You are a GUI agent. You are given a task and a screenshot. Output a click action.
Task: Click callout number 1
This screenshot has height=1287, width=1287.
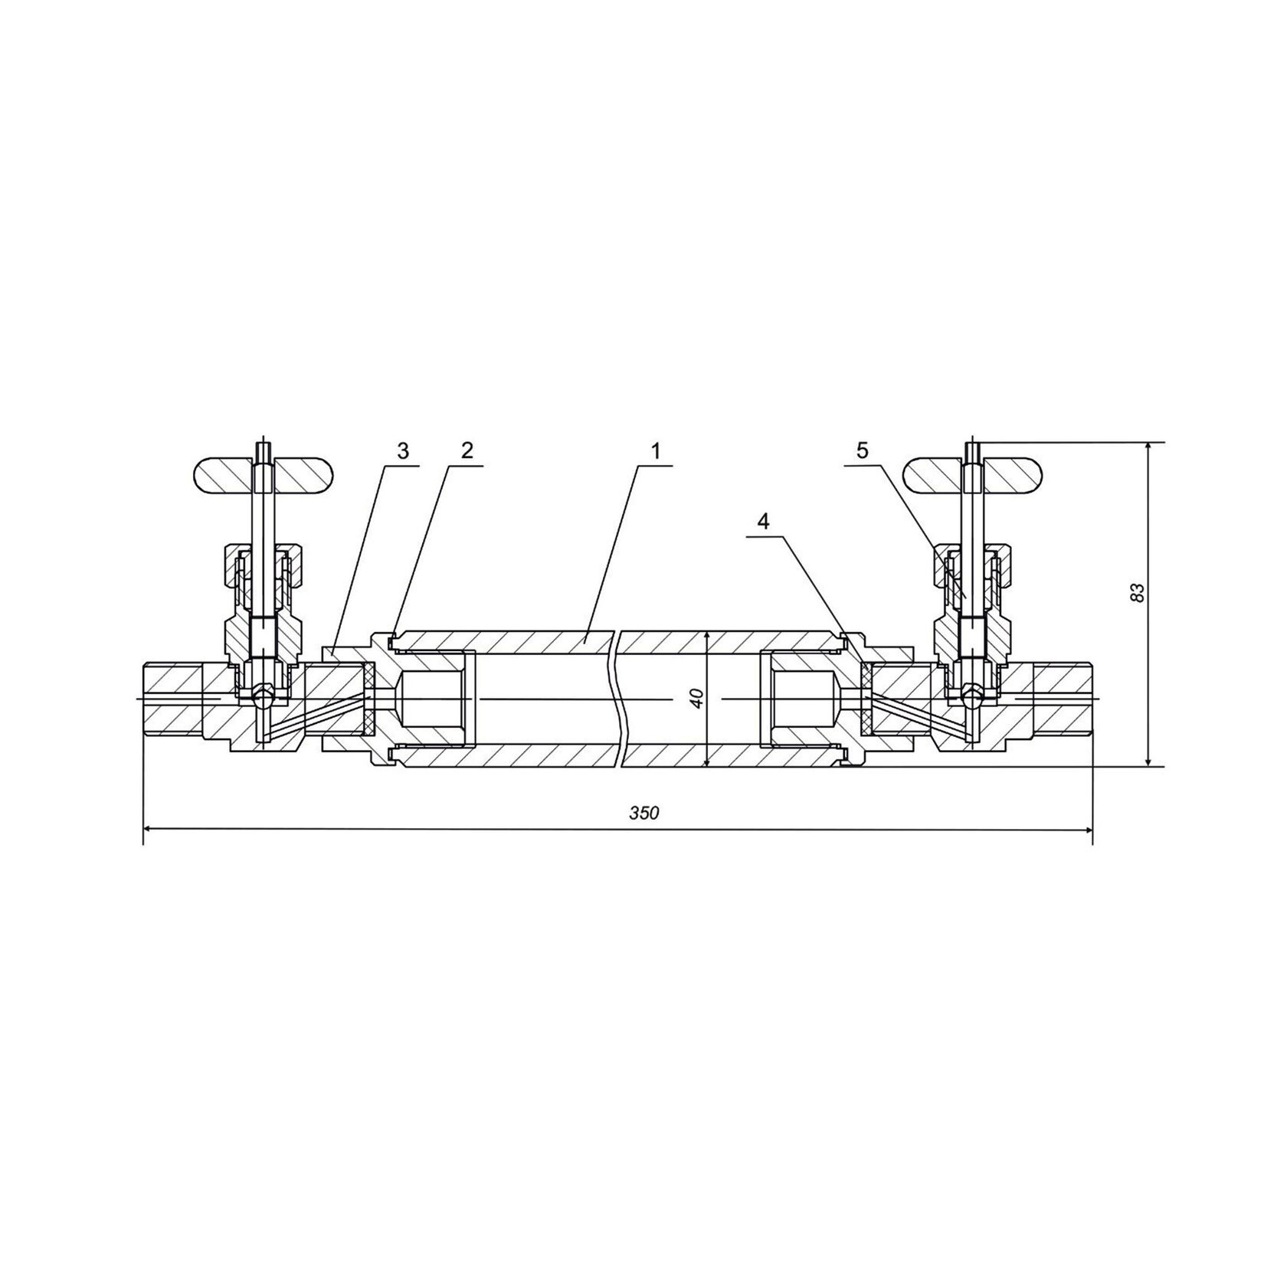[656, 451]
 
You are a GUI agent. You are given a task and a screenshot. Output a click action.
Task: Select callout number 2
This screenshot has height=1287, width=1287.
[467, 450]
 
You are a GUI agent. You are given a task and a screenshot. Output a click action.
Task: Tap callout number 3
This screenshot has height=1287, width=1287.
[404, 450]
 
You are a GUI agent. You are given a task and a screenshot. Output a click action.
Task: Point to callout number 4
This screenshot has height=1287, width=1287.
[762, 522]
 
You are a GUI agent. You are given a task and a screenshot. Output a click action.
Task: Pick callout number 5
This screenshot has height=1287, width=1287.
[863, 451]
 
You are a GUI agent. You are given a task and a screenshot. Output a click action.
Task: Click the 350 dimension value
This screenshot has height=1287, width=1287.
[644, 814]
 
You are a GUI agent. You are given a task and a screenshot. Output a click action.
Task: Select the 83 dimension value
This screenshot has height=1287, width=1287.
[1138, 592]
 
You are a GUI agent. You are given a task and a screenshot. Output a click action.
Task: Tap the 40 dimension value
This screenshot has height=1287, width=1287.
[696, 698]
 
